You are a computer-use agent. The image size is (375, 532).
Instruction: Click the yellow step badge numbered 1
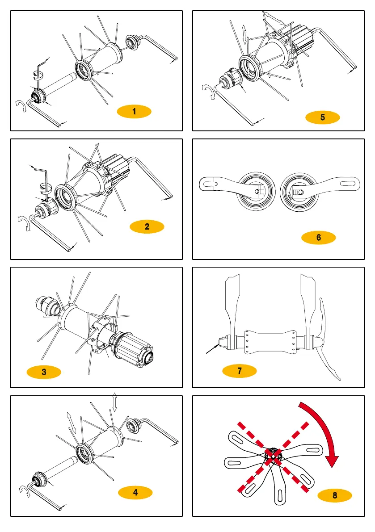pyautogui.click(x=134, y=112)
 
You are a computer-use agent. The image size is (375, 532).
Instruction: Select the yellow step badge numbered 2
pyautogui.click(x=147, y=227)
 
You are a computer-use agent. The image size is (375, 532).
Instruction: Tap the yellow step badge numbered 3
pyautogui.click(x=43, y=372)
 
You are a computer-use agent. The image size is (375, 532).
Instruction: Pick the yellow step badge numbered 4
pyautogui.click(x=135, y=493)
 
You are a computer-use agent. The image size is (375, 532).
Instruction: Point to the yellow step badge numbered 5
pyautogui.click(x=323, y=117)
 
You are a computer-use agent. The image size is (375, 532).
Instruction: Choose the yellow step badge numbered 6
pyautogui.click(x=319, y=238)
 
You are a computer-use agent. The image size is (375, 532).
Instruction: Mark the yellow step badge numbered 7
pyautogui.click(x=240, y=371)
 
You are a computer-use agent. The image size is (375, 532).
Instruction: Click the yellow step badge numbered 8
pyautogui.click(x=335, y=495)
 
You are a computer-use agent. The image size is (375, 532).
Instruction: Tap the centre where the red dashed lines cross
pyautogui.click(x=273, y=456)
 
